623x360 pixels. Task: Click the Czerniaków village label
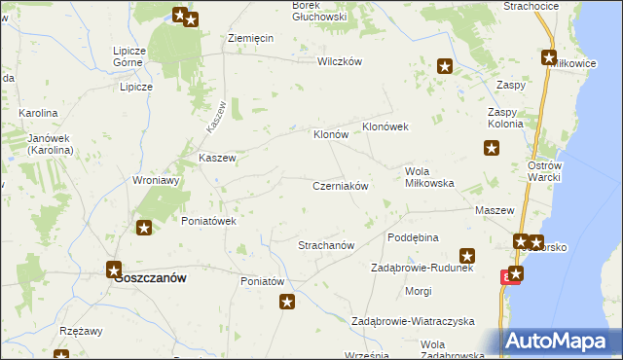[340, 186]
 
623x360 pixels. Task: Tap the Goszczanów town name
[150, 277]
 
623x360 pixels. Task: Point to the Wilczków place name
[340, 61]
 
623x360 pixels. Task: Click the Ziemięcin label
[250, 37]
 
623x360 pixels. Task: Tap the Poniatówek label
[210, 221]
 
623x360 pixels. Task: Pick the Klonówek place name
[389, 127]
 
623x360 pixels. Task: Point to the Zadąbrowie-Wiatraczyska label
[412, 321]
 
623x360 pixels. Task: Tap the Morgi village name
[419, 291]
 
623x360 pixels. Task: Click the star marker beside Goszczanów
[114, 270]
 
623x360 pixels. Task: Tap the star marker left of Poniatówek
[144, 229]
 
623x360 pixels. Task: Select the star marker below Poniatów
[287, 303]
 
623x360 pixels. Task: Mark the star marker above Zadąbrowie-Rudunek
[467, 256]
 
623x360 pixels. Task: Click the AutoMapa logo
[559, 342]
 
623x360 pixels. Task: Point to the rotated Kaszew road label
[216, 118]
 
